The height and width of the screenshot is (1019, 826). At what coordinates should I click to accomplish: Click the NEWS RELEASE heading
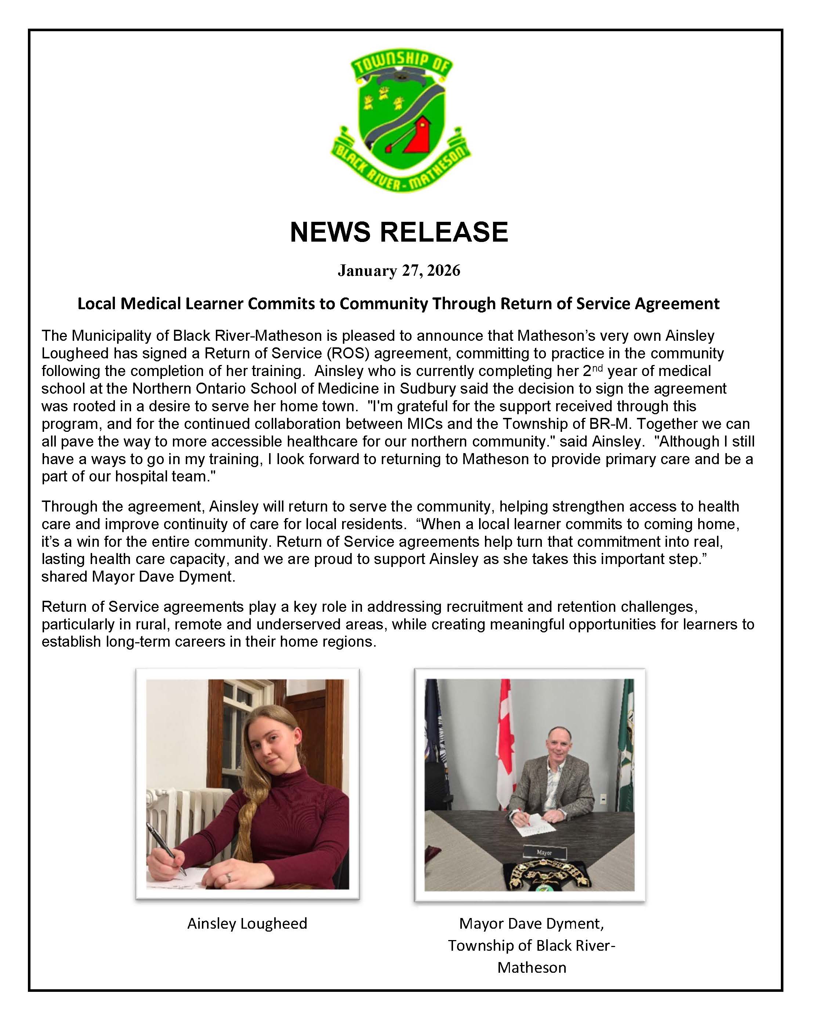pos(399,232)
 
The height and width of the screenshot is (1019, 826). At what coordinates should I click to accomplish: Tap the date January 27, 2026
pos(399,270)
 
